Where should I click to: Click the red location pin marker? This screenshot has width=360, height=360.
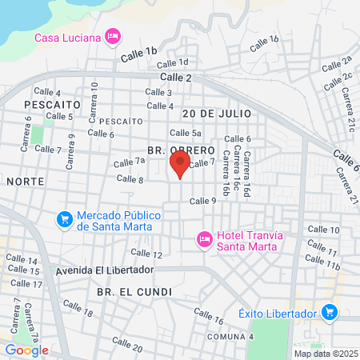click(179, 165)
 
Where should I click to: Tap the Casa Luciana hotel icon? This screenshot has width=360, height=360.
click(113, 36)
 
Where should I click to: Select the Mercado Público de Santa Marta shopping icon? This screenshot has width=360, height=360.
click(64, 218)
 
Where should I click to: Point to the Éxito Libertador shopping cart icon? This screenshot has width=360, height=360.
click(328, 312)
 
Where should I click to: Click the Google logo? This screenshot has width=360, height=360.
click(26, 350)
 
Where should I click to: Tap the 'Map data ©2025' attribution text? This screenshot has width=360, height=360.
click(326, 353)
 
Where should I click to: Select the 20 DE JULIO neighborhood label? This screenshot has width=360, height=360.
click(216, 114)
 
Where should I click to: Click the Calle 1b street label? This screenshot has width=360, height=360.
click(140, 54)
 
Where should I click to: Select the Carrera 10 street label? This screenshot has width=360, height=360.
click(94, 96)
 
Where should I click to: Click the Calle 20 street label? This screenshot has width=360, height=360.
click(128, 345)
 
